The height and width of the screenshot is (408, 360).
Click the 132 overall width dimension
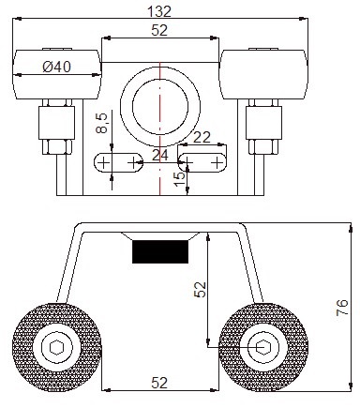(159, 11)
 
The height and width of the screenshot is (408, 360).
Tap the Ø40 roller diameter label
(57, 67)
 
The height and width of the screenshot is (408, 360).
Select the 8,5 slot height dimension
(102, 123)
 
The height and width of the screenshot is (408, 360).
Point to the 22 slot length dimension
(202, 137)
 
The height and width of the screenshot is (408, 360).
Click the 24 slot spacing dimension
(160, 155)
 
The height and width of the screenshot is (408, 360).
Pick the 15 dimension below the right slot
(180, 179)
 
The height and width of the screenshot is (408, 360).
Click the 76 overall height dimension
(342, 308)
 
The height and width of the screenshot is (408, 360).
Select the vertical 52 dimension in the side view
(200, 289)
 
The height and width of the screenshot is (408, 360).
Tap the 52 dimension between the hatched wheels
(159, 383)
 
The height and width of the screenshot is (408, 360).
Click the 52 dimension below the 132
(159, 30)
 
